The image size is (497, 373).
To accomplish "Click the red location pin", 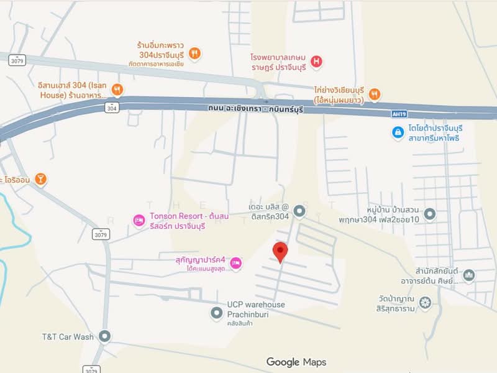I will pyautogui.click(x=281, y=251).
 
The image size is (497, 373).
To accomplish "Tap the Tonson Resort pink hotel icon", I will pyautogui.click(x=140, y=220).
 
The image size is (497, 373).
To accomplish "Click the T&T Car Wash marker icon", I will pyautogui.click(x=104, y=336).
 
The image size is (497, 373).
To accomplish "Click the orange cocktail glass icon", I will pyautogui.click(x=40, y=180).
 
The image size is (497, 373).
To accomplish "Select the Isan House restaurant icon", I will pyautogui.click(x=117, y=90).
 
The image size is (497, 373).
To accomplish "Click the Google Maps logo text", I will pyautogui.click(x=296, y=362).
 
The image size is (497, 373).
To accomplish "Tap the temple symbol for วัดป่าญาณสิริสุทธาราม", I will pyautogui.click(x=425, y=303).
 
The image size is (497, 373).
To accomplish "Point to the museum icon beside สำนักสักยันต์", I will pyautogui.click(x=469, y=275).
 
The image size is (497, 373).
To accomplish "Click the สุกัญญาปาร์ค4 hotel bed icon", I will pyautogui.click(x=235, y=264).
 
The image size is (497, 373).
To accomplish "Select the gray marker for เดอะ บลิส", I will pyautogui.click(x=299, y=212).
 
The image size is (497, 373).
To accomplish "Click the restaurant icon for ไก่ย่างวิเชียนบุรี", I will pyautogui.click(x=374, y=94).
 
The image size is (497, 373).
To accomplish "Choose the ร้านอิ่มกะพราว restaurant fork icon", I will pyautogui.click(x=194, y=53).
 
